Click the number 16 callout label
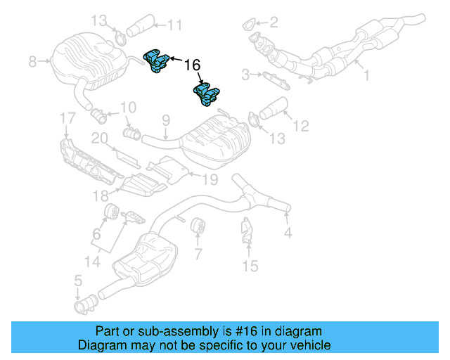[x=192, y=65]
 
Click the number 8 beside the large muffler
[x=32, y=62]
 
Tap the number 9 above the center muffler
[x=166, y=120]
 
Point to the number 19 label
[x=210, y=179]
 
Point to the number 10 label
[x=127, y=108]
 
